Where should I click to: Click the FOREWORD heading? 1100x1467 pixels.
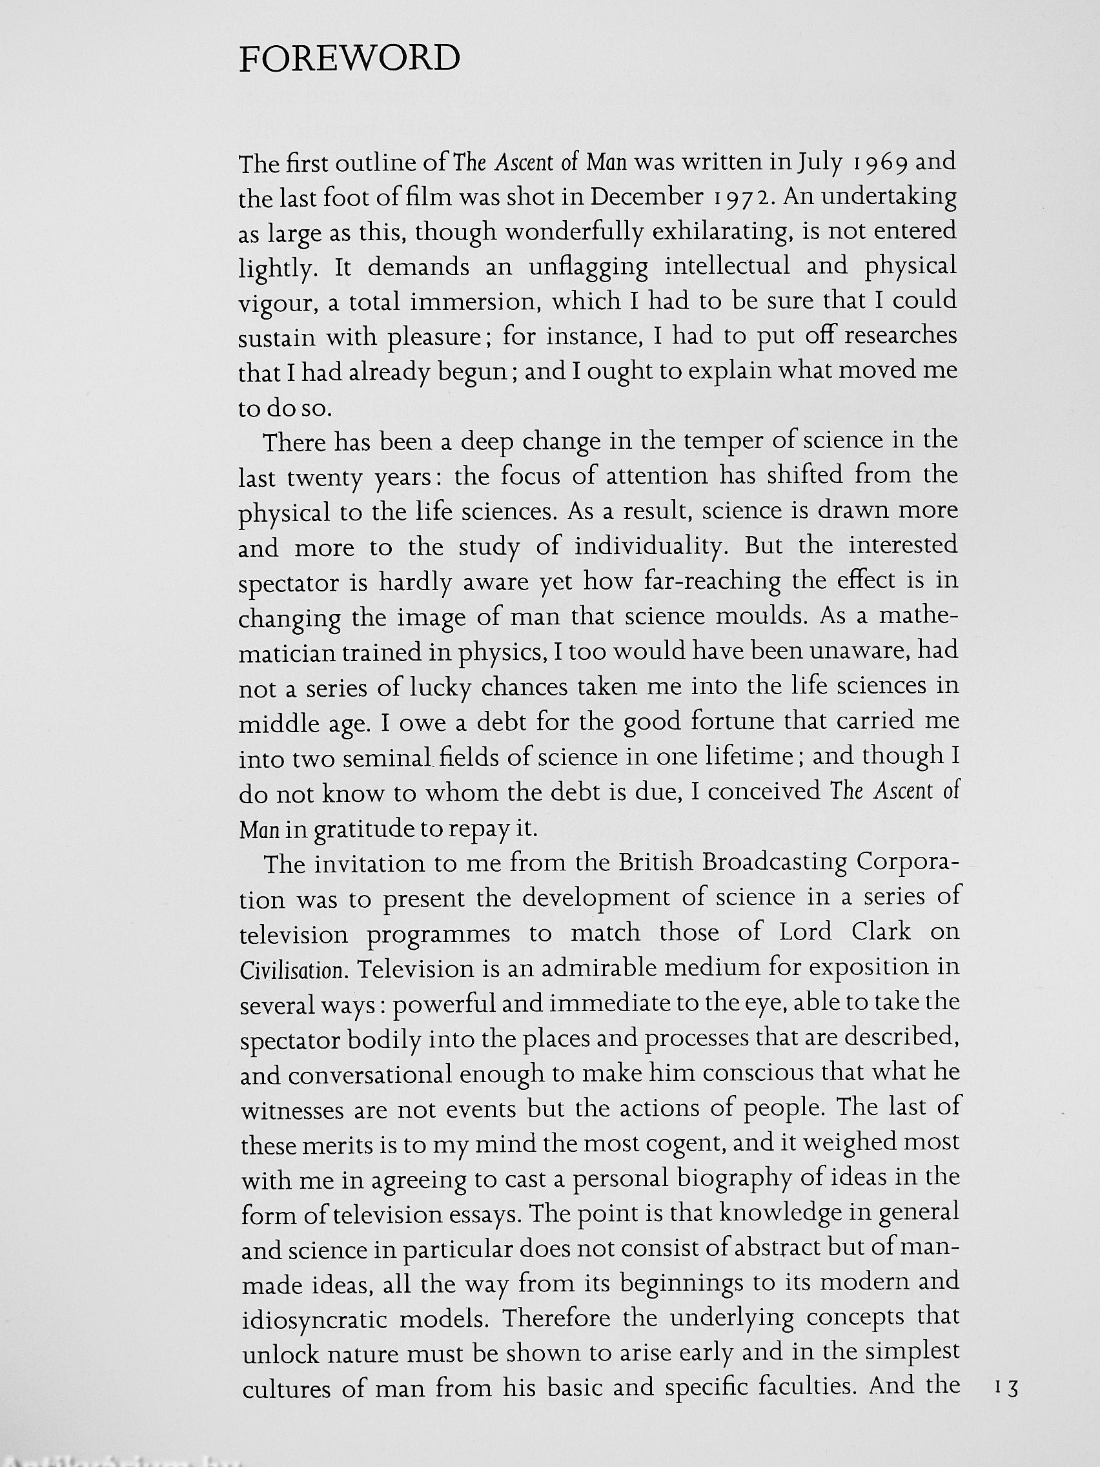[x=349, y=59]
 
